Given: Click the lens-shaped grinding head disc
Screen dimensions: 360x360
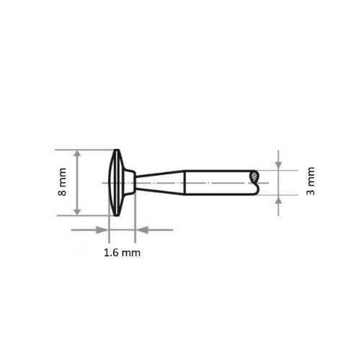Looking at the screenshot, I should [115, 183].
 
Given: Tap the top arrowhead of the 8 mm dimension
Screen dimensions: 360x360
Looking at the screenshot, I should [77, 155].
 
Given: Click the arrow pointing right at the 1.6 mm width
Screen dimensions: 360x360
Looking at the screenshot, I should [102, 230].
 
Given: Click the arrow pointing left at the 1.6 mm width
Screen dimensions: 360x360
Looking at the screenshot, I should [142, 230].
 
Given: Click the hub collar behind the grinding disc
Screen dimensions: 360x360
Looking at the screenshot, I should [129, 183].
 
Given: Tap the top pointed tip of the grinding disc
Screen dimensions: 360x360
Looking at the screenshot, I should [115, 150].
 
